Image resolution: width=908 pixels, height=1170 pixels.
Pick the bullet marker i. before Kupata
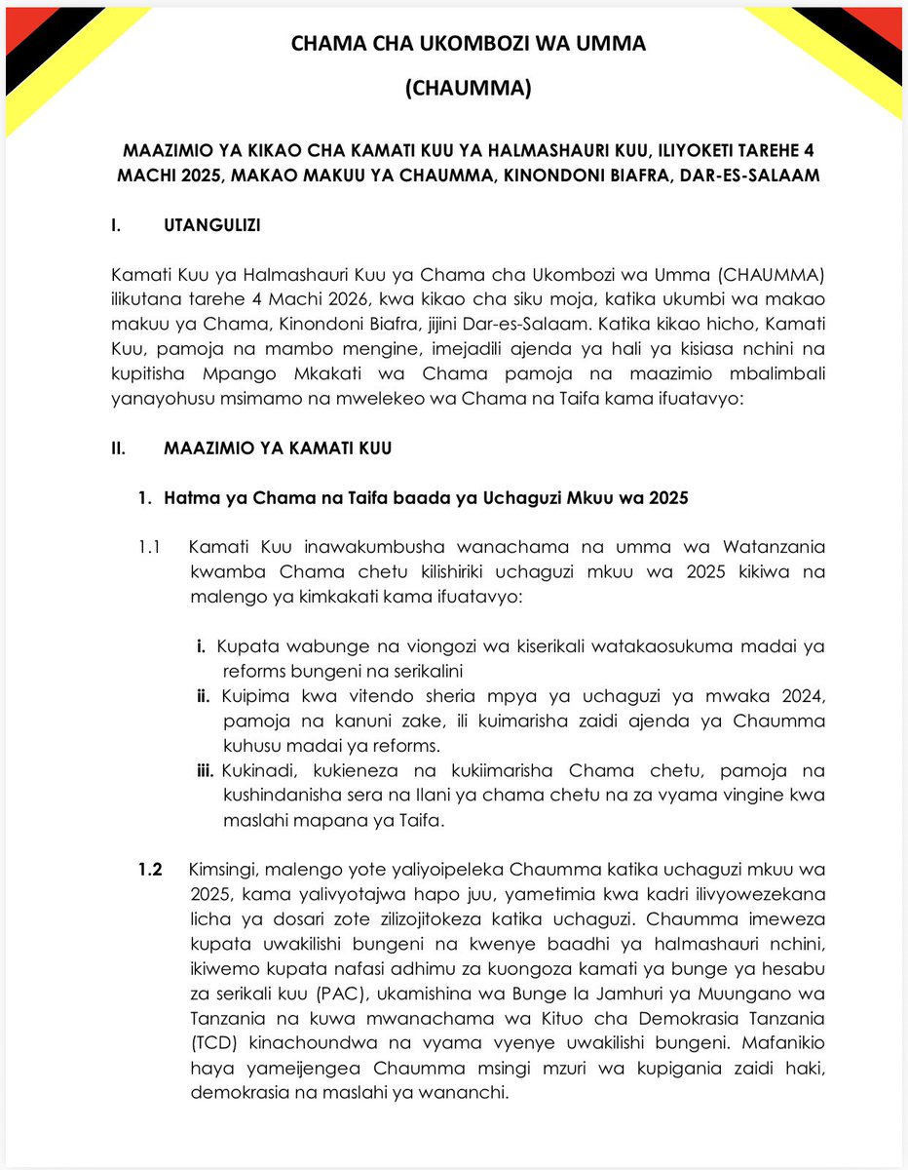201,646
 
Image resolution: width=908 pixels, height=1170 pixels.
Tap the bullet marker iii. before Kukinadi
205,771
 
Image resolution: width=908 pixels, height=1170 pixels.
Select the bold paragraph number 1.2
151,869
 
